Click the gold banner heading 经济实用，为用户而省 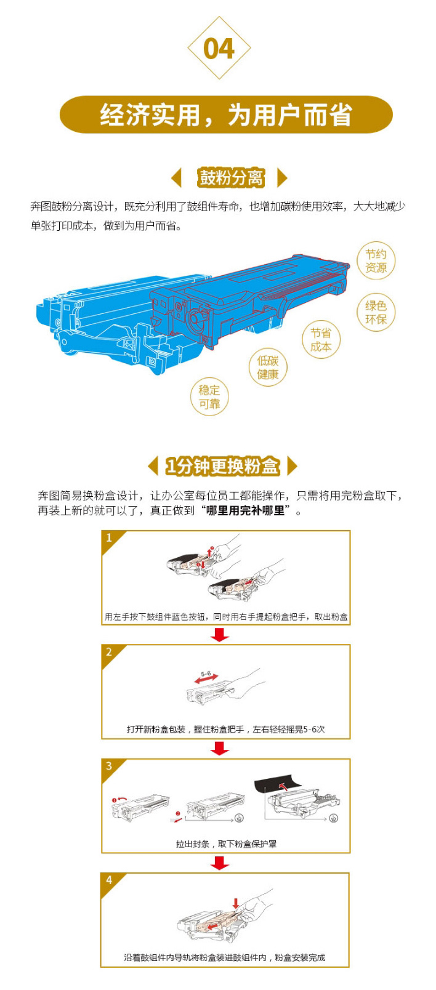point(226,115)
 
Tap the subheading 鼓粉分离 point(231,178)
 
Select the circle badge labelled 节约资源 point(376,261)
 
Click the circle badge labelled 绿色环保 point(376,312)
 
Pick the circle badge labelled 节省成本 point(321,339)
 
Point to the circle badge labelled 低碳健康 point(267,368)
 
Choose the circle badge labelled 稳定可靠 point(209,396)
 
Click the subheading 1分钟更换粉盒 point(222,466)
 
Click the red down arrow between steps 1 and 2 point(220,635)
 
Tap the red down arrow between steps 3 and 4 point(220,863)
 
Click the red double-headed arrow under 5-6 point(206,678)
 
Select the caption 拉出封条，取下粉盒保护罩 point(226,843)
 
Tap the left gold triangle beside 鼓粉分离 point(176,178)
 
